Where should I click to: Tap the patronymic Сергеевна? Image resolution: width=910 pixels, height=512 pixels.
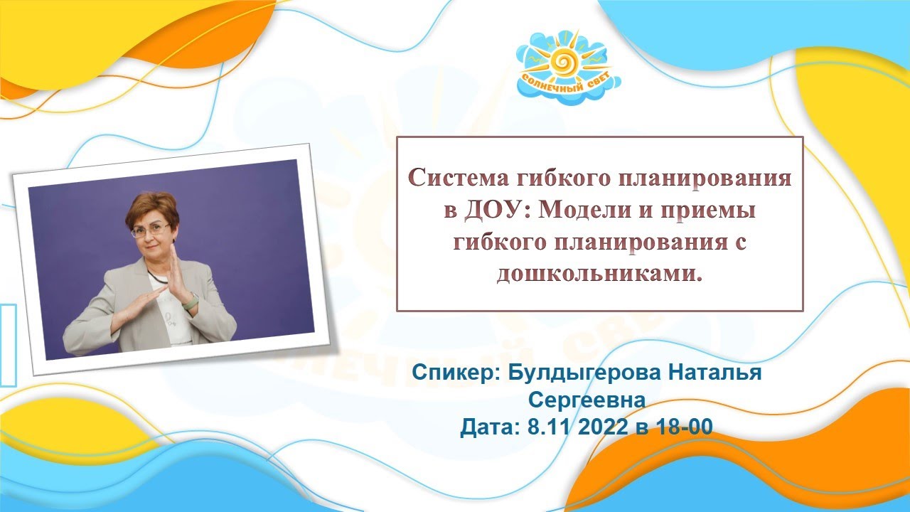587,400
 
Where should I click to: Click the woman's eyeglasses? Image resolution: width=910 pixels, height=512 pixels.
150,230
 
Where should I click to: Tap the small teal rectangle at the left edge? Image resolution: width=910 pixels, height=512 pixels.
8,344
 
